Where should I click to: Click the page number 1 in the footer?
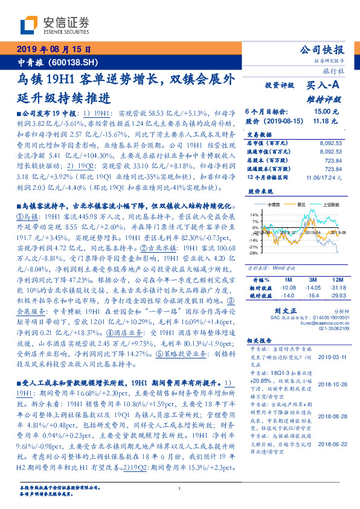click(x=180, y=488)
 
